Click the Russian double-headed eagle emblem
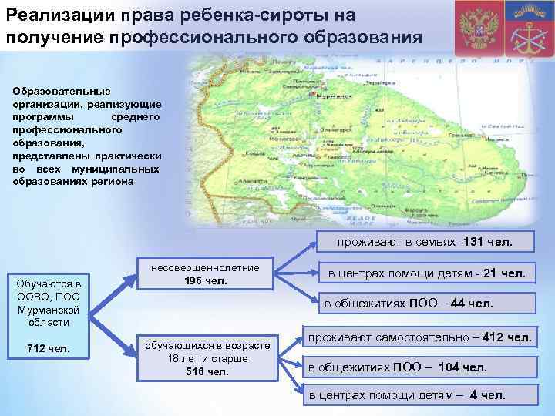pos(476,28)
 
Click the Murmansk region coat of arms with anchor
pos(528,29)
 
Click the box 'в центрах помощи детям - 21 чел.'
pos(427,273)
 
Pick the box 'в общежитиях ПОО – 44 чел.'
pos(409,304)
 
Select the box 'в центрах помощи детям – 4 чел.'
pos(407,395)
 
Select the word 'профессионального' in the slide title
pos(174,37)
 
